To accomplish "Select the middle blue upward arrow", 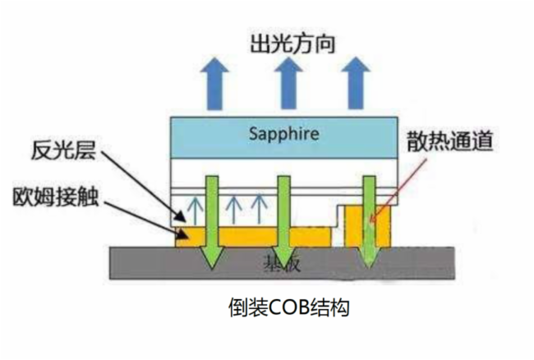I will (283, 81).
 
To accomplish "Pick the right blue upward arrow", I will (355, 81).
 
